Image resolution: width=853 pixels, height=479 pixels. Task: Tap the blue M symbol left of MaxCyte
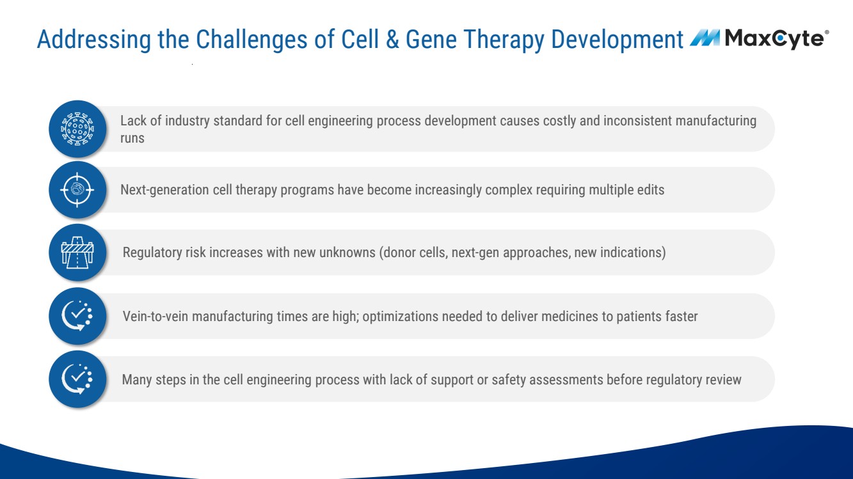pyautogui.click(x=705, y=38)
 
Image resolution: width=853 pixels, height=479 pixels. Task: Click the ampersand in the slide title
pyautogui.click(x=392, y=39)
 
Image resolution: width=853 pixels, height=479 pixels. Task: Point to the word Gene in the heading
pyautogui.click(x=431, y=39)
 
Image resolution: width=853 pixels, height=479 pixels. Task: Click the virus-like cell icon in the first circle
pyautogui.click(x=77, y=129)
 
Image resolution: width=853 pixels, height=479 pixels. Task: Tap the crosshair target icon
pyautogui.click(x=77, y=189)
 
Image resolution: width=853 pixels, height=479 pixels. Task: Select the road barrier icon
pyautogui.click(x=77, y=252)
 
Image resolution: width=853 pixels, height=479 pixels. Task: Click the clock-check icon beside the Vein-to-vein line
pyautogui.click(x=77, y=316)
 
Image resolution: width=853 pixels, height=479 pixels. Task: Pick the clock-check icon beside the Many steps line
pyautogui.click(x=77, y=379)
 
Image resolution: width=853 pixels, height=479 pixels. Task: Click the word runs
pyautogui.click(x=132, y=138)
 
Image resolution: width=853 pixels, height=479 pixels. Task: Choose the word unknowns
pyautogui.click(x=347, y=252)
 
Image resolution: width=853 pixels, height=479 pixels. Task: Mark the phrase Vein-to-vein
pyautogui.click(x=155, y=316)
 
